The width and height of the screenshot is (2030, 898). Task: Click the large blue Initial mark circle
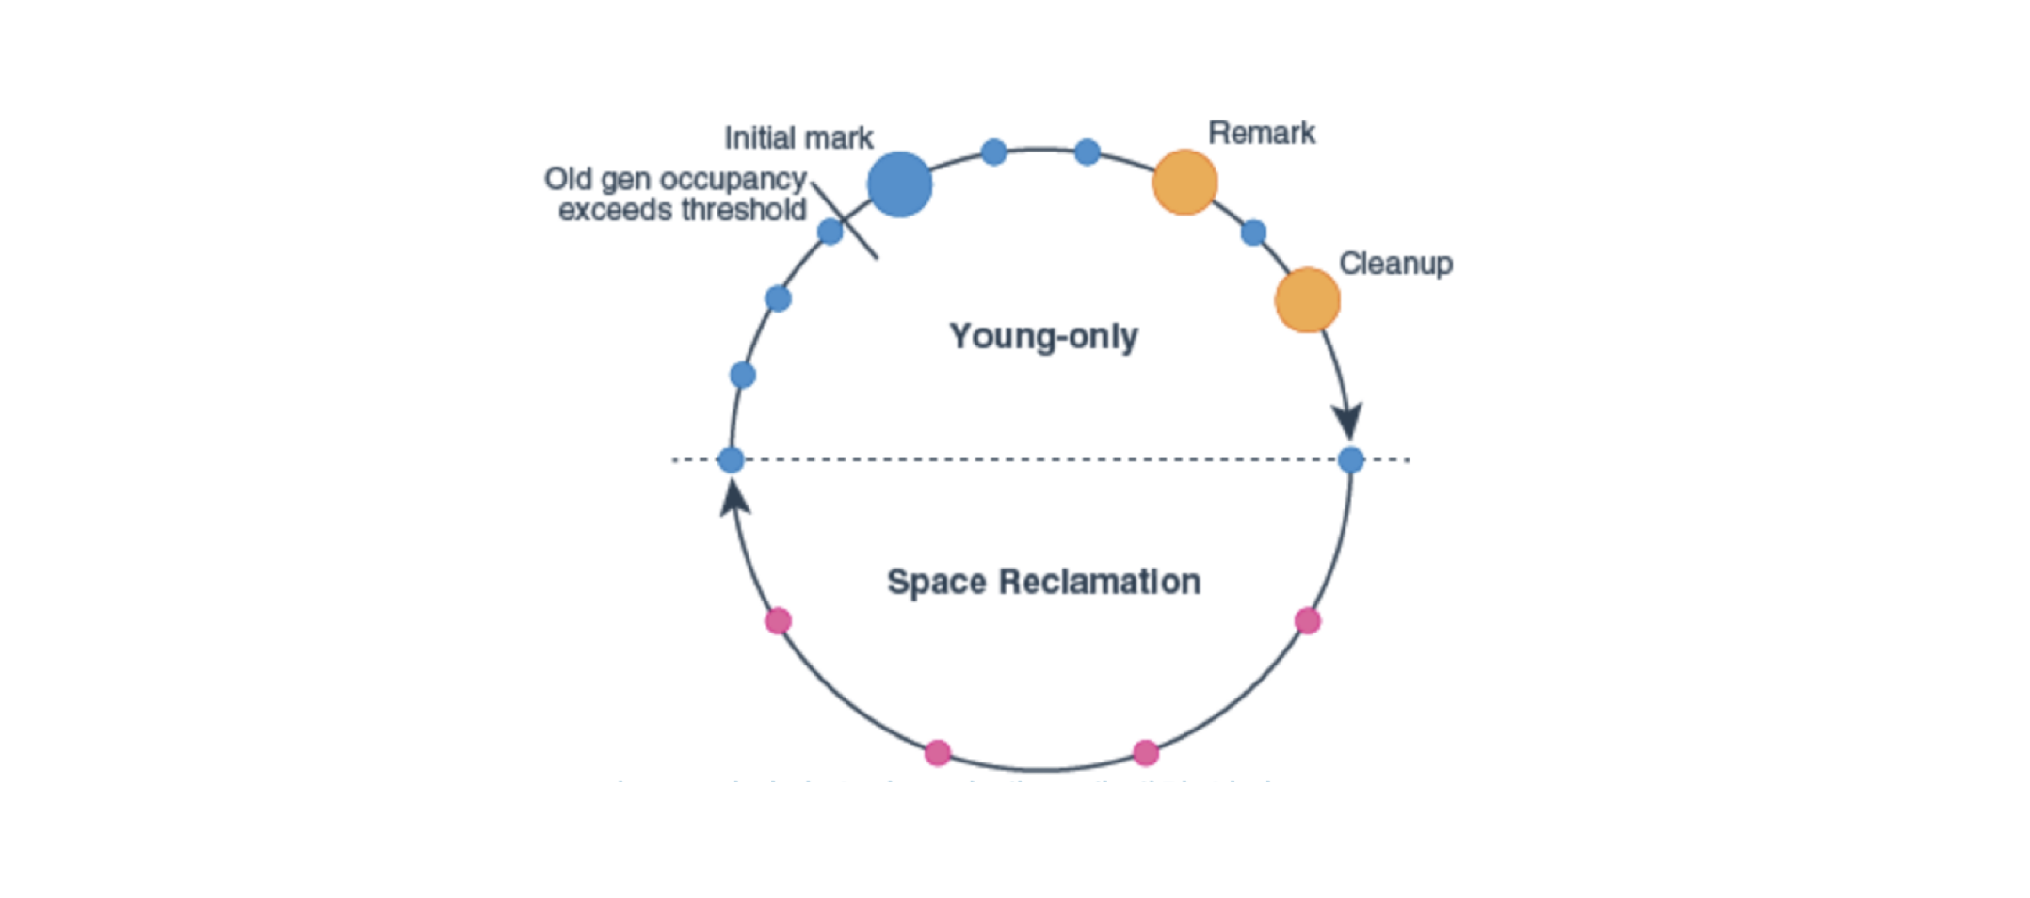click(899, 184)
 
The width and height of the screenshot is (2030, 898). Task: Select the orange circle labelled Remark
click(1184, 183)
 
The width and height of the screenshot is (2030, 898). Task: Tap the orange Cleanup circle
click(1307, 300)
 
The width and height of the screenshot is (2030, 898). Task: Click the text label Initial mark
click(798, 138)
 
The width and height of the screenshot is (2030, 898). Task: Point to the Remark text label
click(1261, 134)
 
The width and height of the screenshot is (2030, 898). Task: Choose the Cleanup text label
click(1395, 264)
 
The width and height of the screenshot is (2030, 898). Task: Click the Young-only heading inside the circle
click(1043, 336)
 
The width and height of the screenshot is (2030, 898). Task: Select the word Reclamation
click(1099, 582)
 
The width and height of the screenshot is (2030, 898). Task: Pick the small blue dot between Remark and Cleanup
click(1253, 233)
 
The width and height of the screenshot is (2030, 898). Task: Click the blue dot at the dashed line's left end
click(731, 460)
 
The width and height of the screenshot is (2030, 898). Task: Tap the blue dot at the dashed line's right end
click(1350, 460)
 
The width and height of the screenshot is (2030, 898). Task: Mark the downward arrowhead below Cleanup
click(1347, 421)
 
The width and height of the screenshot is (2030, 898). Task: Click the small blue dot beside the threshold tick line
click(830, 232)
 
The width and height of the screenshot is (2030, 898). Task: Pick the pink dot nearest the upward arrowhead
click(778, 621)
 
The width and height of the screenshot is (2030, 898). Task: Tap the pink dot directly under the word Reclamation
click(1146, 753)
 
